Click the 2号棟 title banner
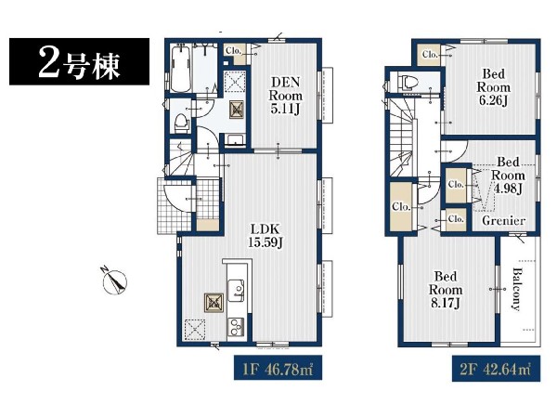(79, 61)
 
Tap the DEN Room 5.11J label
(286, 96)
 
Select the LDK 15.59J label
(266, 236)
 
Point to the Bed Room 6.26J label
(494, 87)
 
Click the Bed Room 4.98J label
(508, 176)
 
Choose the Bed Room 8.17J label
(446, 290)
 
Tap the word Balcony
(518, 289)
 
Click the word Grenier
(504, 220)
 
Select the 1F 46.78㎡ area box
(278, 368)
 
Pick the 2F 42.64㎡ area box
(496, 369)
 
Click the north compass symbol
(114, 280)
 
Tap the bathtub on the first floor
(181, 69)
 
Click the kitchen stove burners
(236, 327)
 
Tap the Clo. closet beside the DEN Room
(234, 54)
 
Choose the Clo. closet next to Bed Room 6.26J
(429, 55)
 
